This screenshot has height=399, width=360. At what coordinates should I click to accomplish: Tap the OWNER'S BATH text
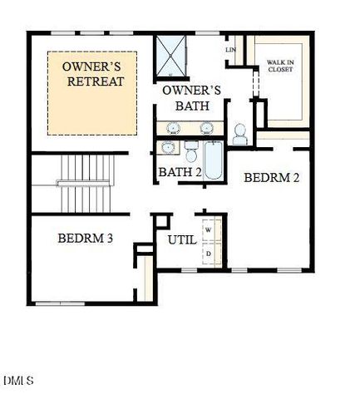point(191,98)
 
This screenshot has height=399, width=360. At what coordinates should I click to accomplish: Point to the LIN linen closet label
point(232,50)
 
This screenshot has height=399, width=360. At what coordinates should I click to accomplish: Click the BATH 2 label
point(180,172)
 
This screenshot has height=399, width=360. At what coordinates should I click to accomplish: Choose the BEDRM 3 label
point(86,239)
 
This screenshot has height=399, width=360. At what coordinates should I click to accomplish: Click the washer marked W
point(209,228)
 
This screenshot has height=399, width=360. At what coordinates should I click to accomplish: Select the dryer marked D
point(209,253)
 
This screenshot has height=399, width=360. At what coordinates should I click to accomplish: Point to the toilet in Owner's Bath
point(240,134)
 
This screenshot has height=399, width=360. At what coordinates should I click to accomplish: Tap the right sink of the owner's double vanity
point(207,128)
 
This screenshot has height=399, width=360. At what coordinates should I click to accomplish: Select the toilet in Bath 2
point(190,153)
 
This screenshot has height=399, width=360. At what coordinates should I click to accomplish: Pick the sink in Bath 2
point(169,148)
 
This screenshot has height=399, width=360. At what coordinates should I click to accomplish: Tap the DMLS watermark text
point(17,381)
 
